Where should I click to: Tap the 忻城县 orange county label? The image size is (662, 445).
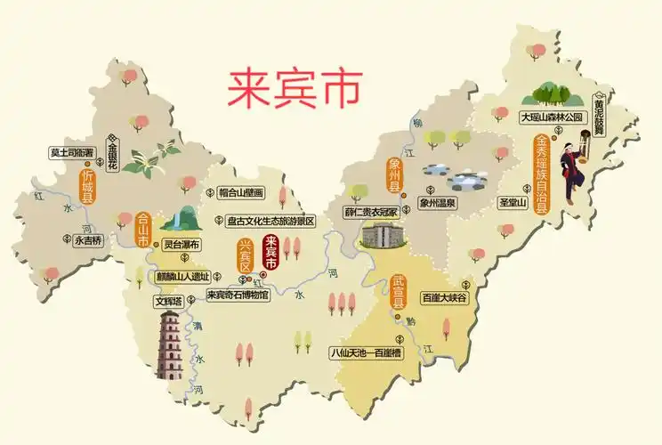[87, 188]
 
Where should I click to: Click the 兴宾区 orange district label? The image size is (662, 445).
[246, 255]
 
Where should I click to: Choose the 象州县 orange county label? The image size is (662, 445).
[395, 175]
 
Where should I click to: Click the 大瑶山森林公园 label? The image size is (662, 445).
[552, 117]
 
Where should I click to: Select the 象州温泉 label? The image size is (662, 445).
[437, 203]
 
